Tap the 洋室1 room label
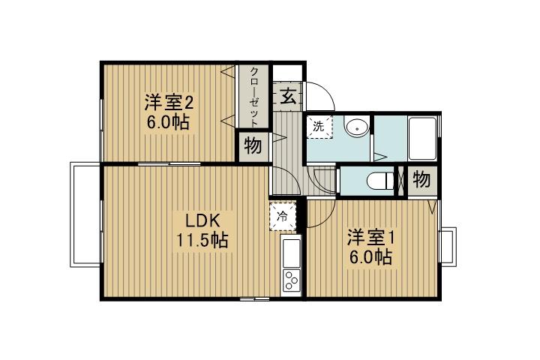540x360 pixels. point(370,238)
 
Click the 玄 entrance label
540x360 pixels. point(287,95)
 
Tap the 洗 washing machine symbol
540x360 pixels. point(318,127)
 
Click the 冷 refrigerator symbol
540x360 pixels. point(282,216)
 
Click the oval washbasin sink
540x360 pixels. point(356,127)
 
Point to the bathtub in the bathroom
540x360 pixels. point(422,139)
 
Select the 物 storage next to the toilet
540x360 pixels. point(421,181)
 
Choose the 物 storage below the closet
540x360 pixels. point(253,146)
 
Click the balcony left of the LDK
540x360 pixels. point(85,213)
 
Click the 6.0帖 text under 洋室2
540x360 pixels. point(169,124)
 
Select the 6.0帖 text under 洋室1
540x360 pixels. point(370,257)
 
